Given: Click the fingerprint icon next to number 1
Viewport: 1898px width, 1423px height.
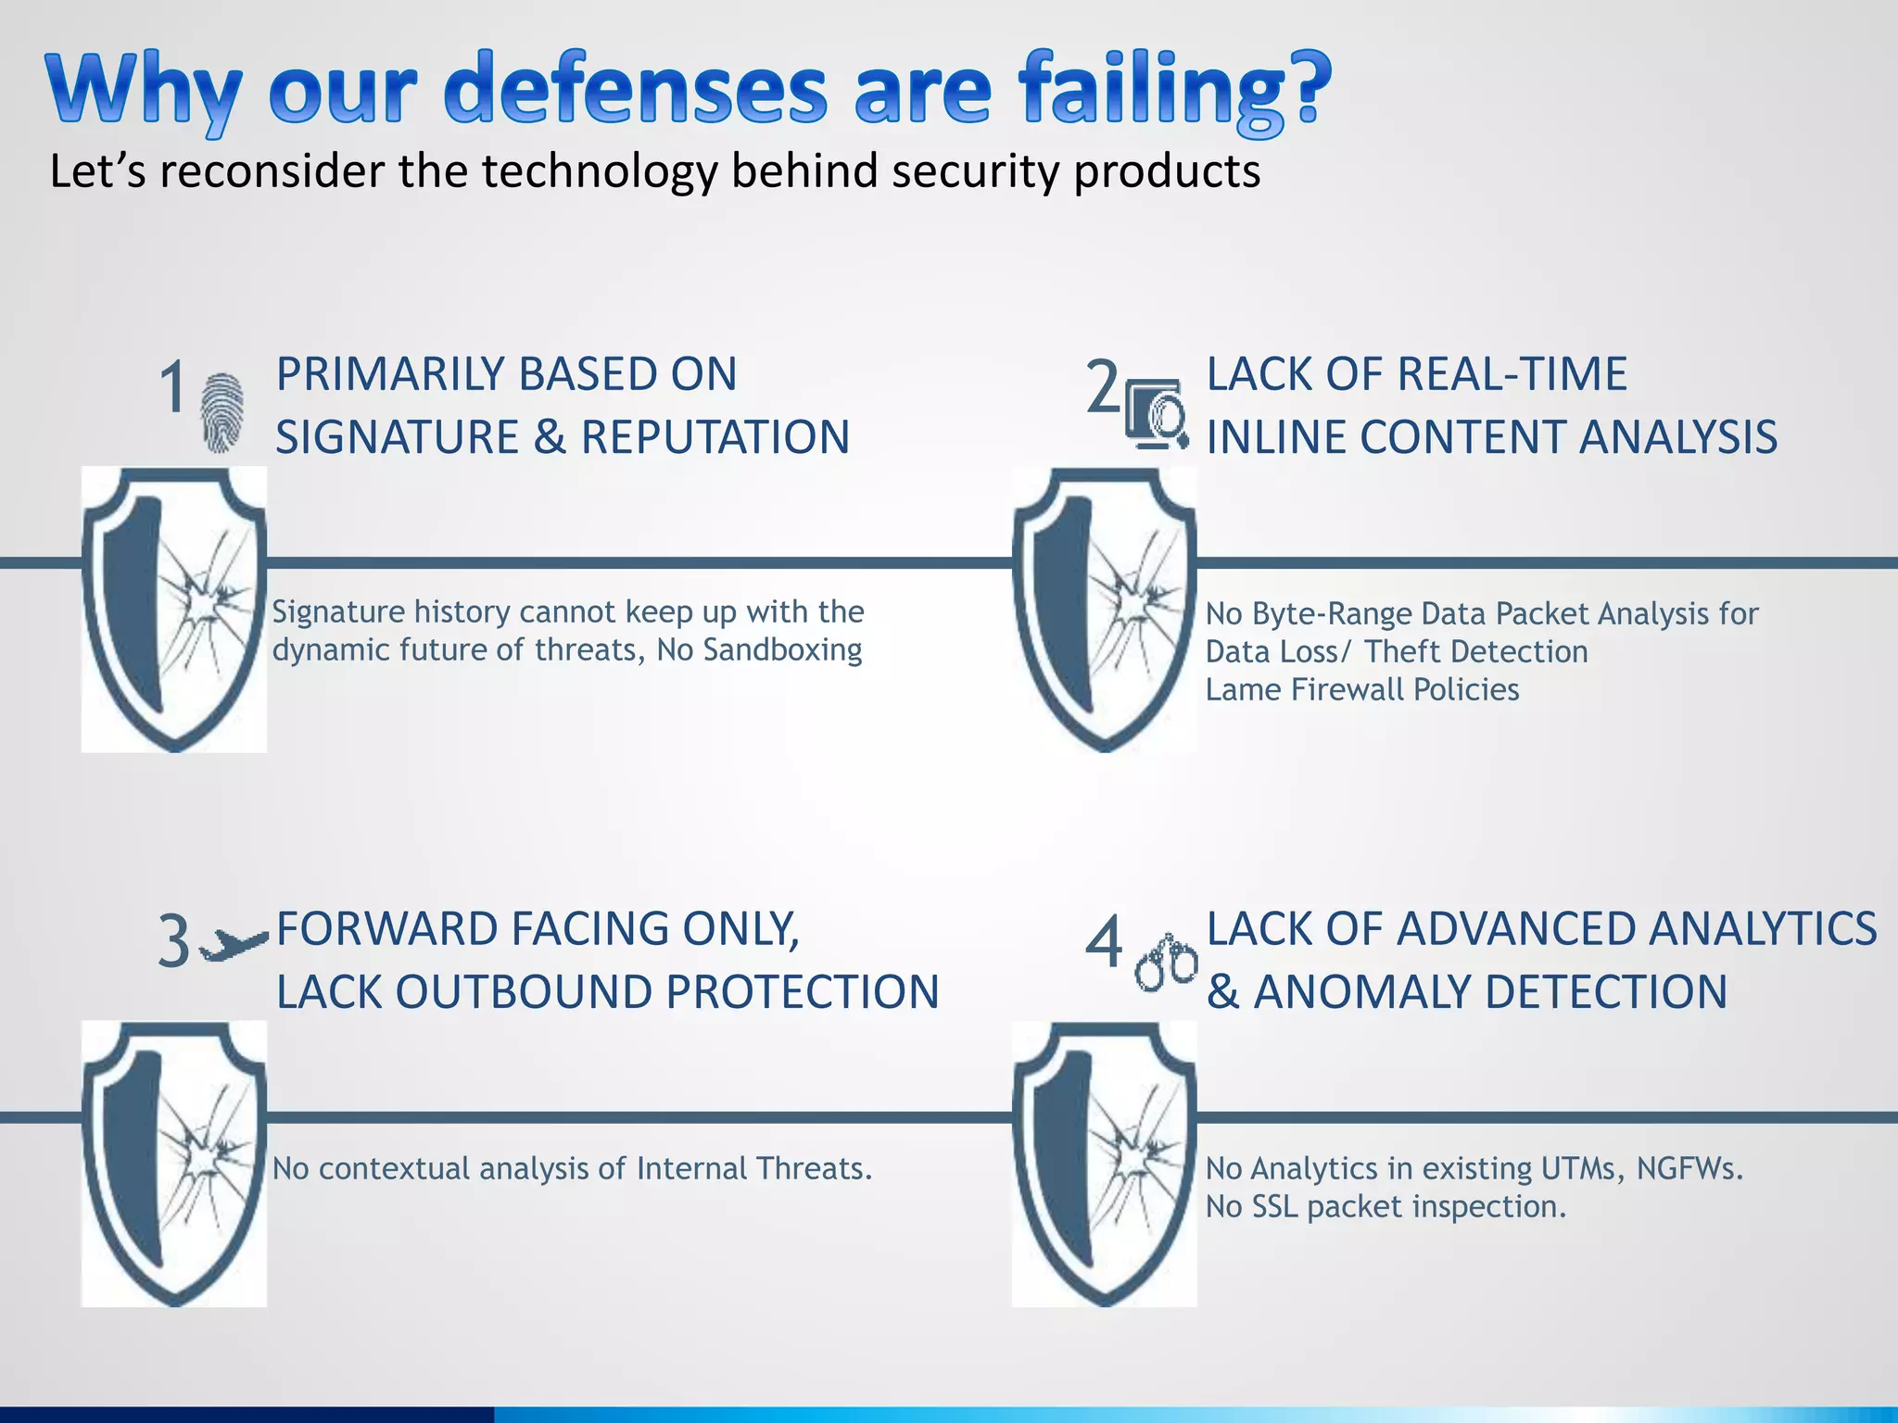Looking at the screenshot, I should tap(222, 412).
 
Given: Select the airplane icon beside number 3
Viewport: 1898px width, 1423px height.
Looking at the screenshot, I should tap(234, 945).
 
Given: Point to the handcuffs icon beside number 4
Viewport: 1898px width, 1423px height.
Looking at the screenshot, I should tap(1166, 963).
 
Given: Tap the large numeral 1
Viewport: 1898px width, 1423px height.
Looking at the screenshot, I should tap(173, 387).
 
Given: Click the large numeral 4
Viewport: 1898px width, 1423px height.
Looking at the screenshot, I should tap(1103, 941).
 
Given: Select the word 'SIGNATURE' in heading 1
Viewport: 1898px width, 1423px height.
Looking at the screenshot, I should tap(397, 437).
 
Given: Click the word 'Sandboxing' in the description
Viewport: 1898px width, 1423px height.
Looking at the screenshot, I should tap(782, 650).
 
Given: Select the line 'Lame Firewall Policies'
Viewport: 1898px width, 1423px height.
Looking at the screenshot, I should tap(1361, 689).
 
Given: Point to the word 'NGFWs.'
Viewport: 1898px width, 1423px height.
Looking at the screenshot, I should tap(1689, 1169).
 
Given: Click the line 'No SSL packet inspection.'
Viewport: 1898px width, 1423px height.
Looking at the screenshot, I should tap(1385, 1207).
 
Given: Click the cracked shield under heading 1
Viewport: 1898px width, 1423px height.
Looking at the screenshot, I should tap(174, 609).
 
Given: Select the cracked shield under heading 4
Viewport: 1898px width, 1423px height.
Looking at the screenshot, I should tap(1104, 1164).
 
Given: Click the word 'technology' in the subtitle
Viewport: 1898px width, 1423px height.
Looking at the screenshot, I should tap(598, 171).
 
